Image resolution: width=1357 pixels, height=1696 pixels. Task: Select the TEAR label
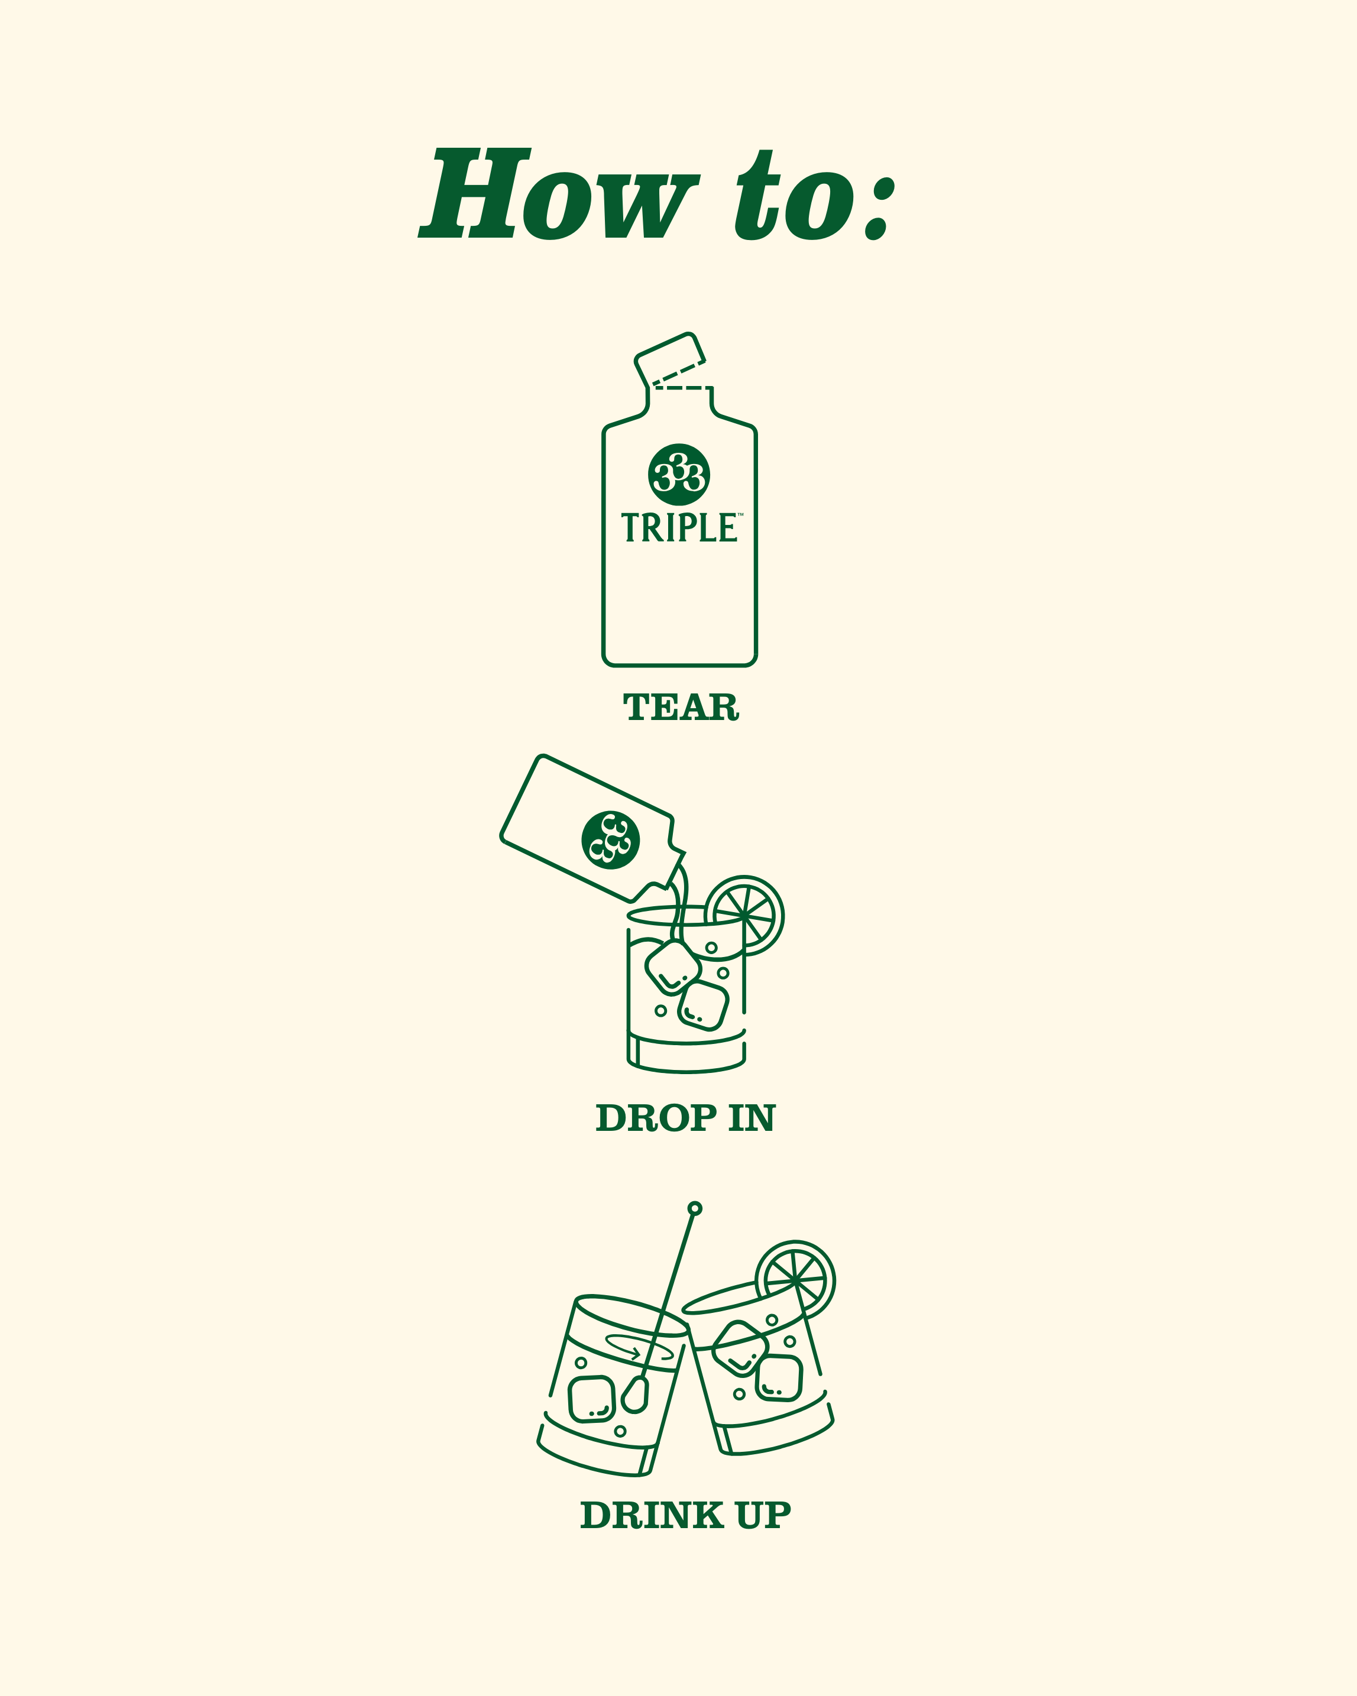click(681, 707)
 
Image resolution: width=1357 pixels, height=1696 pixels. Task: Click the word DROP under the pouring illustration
click(656, 1118)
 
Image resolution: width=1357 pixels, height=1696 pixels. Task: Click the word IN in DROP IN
click(752, 1118)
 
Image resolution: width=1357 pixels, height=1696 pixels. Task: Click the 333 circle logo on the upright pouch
click(679, 474)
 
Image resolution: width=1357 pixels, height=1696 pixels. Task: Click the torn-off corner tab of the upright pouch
click(669, 359)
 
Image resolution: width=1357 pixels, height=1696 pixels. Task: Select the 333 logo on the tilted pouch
click(610, 839)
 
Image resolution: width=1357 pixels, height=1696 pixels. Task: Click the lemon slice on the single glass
click(745, 915)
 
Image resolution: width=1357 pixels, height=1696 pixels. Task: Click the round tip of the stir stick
click(695, 1208)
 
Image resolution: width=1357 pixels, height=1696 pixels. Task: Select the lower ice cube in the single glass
click(703, 1006)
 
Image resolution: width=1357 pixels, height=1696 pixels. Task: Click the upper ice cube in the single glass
click(673, 967)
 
